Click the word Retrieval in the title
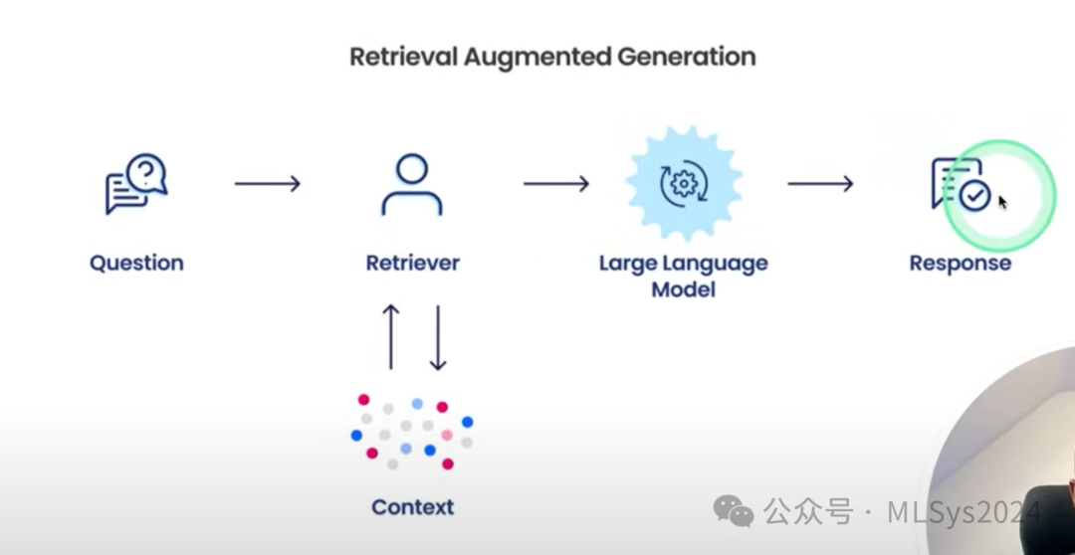(x=402, y=56)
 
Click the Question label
(x=136, y=264)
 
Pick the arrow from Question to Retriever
(x=268, y=184)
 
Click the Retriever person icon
(x=412, y=185)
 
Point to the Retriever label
(x=413, y=264)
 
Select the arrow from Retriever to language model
(x=556, y=184)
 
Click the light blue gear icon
(x=684, y=184)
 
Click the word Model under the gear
(x=684, y=289)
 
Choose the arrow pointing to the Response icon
(x=820, y=184)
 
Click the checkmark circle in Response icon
(x=974, y=196)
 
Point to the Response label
(x=960, y=264)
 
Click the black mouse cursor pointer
(x=1002, y=203)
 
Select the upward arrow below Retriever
(x=391, y=337)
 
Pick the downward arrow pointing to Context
(x=437, y=337)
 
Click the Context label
(x=413, y=507)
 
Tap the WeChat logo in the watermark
(x=734, y=511)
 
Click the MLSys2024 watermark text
(x=964, y=512)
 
